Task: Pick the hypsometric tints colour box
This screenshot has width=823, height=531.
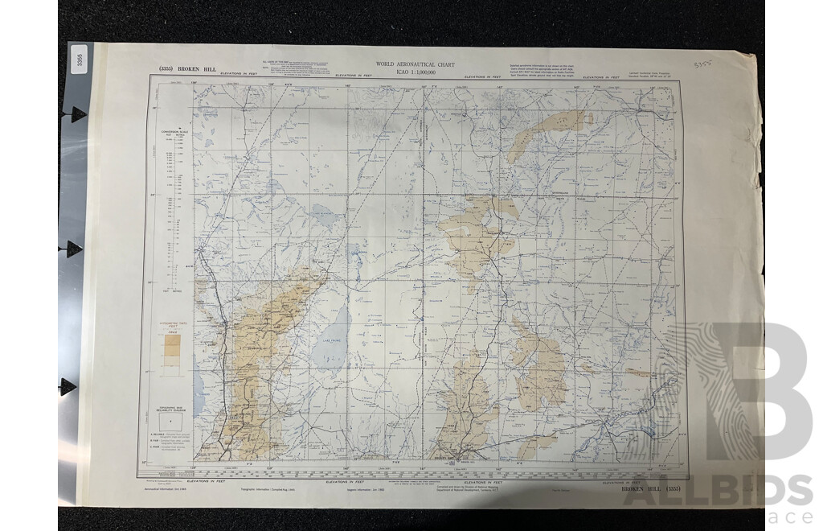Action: tap(169, 348)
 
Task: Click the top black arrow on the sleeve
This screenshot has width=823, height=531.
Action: tap(75, 113)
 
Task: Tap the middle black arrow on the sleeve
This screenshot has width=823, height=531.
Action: tap(75, 248)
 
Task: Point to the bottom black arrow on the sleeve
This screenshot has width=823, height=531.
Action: tap(69, 385)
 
